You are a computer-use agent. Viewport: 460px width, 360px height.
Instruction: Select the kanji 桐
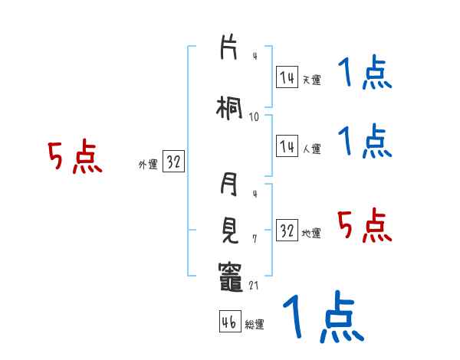coord(229,107)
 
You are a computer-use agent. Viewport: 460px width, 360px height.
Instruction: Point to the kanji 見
coord(229,228)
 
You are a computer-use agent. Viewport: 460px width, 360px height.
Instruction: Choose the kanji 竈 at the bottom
coord(229,273)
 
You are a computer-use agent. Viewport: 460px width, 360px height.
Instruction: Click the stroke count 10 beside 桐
coord(254,116)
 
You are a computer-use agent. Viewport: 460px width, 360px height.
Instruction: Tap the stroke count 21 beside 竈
coord(255,285)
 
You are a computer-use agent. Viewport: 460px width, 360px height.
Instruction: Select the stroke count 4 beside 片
coord(254,56)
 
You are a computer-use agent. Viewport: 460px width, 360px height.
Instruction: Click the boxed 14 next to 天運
coord(287,77)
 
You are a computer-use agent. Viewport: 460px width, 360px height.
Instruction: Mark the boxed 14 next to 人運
coord(287,147)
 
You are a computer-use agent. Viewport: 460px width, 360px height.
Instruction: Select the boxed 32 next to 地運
coord(287,231)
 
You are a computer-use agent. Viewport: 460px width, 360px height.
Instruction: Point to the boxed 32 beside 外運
coord(173,162)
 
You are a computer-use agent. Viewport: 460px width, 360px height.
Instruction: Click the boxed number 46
coord(229,322)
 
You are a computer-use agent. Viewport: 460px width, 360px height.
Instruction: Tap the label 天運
coord(311,79)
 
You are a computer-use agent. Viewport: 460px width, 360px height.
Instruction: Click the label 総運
coord(255,324)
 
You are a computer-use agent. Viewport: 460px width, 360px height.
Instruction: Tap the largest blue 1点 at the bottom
coord(322,316)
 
